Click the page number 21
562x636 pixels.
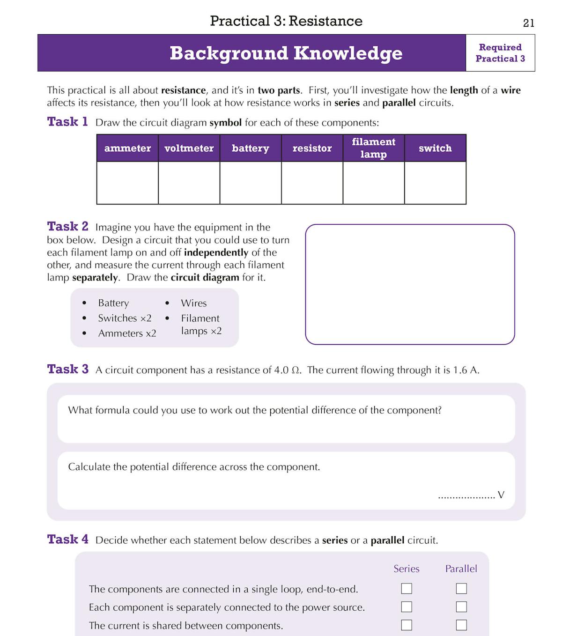click(x=528, y=23)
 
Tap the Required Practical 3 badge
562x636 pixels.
click(x=500, y=53)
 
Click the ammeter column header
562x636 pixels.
click(x=127, y=148)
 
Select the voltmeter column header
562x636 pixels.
click(x=189, y=148)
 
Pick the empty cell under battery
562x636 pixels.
click(x=251, y=183)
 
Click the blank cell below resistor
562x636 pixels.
click(x=312, y=183)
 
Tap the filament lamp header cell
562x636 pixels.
click(x=373, y=148)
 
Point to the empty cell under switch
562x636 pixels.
click(x=435, y=183)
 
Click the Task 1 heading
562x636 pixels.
click(x=67, y=122)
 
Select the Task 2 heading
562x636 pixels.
click(x=67, y=227)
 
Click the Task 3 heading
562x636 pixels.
click(x=67, y=369)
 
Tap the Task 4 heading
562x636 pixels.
click(x=67, y=540)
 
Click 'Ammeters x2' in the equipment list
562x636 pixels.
click(x=127, y=333)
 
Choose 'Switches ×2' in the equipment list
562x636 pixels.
click(x=125, y=318)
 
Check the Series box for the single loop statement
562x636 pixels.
click(x=407, y=589)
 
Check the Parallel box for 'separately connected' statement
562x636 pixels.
click(x=461, y=607)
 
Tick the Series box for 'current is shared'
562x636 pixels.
click(x=407, y=625)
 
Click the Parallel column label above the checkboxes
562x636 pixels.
click(x=461, y=569)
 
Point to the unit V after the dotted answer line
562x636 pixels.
click(x=501, y=495)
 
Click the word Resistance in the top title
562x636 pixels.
click(x=325, y=21)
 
